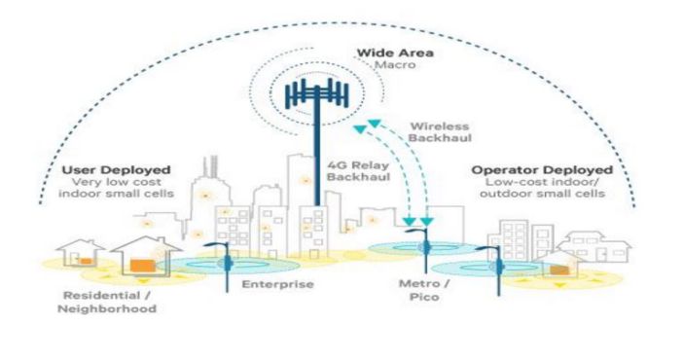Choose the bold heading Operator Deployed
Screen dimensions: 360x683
533,171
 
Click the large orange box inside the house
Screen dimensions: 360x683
140,264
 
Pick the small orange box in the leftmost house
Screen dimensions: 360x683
86,261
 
